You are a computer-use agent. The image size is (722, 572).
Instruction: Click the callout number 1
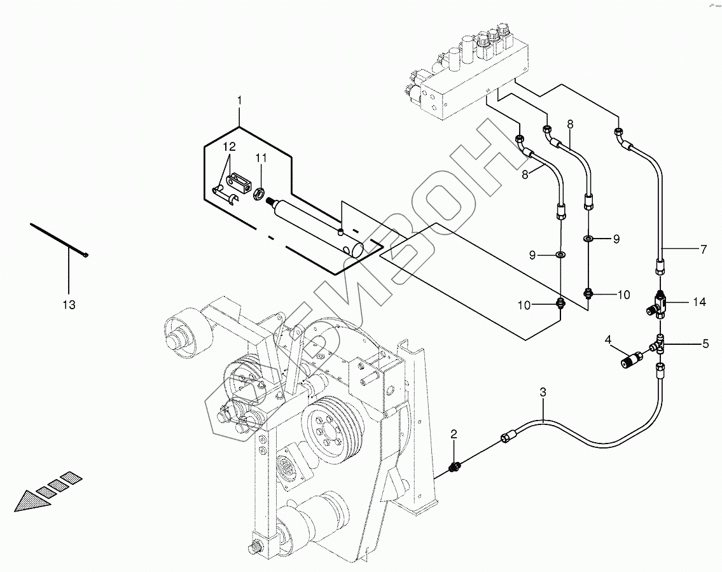click(x=239, y=100)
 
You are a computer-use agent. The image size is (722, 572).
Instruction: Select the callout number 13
click(x=69, y=305)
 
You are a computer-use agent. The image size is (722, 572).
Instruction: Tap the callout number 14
click(x=699, y=302)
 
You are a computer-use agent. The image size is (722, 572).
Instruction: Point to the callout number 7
click(x=703, y=249)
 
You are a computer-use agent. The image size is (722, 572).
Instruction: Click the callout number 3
click(x=543, y=393)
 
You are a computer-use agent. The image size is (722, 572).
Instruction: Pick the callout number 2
click(x=454, y=433)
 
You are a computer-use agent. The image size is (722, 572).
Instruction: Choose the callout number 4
click(x=608, y=340)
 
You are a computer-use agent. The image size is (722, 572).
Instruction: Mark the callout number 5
click(x=705, y=344)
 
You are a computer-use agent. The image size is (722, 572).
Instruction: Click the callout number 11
click(x=261, y=158)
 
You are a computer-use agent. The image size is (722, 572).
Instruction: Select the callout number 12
click(x=229, y=147)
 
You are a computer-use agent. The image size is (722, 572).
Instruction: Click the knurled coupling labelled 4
click(x=631, y=358)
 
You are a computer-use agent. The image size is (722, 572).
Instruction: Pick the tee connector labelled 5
click(x=658, y=345)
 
